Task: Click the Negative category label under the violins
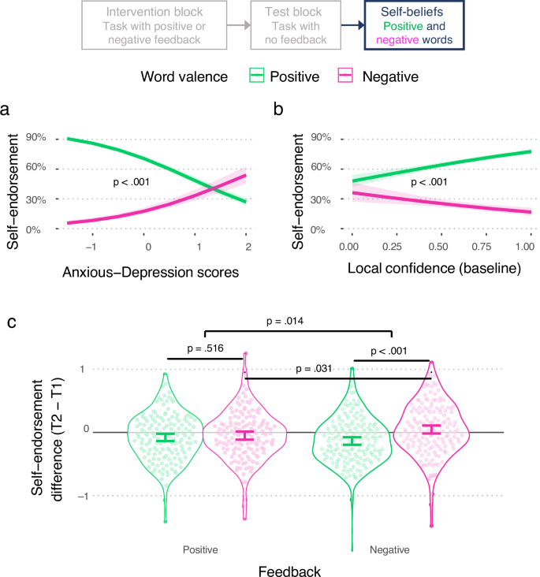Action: click(x=389, y=548)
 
